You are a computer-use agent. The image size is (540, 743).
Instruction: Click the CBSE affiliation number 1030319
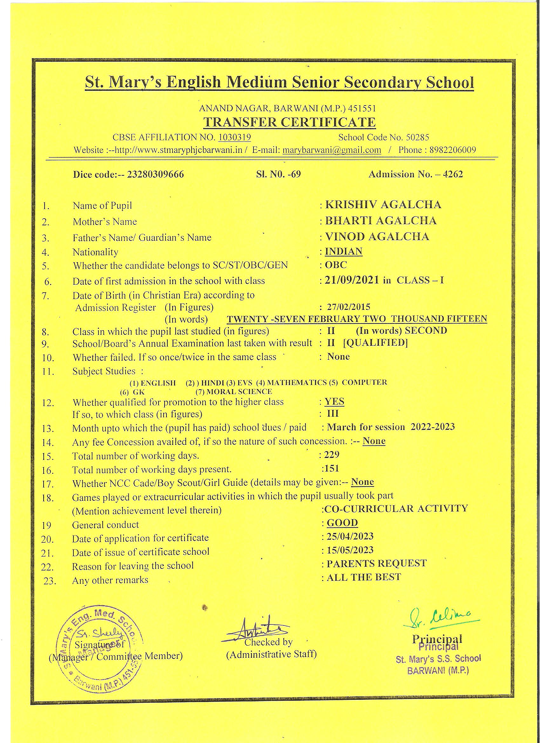tap(234, 137)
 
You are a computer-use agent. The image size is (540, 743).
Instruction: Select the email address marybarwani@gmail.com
tap(332, 150)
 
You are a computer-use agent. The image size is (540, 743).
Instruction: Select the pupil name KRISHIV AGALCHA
tap(383, 205)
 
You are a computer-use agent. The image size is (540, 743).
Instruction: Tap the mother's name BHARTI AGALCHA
tap(381, 221)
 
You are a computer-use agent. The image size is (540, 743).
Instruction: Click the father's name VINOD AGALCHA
tap(377, 236)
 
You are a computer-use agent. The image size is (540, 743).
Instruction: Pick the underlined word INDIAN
tap(343, 251)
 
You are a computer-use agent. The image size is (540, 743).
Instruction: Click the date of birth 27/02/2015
tap(348, 307)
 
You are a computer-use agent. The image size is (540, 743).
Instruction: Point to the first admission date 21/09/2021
tap(352, 280)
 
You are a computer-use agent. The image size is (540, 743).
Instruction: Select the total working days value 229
tap(331, 455)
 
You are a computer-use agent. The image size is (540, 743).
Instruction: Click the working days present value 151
tap(331, 468)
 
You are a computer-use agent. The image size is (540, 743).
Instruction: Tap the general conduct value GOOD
tap(342, 522)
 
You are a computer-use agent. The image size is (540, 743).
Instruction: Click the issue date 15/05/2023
tap(350, 550)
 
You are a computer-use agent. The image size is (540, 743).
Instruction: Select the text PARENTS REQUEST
tap(377, 563)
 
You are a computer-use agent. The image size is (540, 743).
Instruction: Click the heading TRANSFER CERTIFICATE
tap(289, 122)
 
